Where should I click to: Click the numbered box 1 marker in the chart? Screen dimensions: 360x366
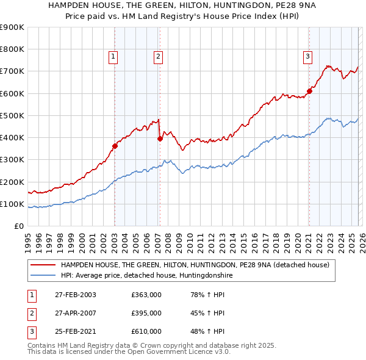tap(114, 57)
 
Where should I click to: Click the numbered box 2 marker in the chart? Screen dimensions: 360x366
tap(158, 57)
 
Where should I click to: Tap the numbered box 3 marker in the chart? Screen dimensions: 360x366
tap(308, 57)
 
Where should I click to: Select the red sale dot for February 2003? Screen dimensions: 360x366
tap(115, 145)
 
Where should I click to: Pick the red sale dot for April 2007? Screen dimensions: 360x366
tap(160, 139)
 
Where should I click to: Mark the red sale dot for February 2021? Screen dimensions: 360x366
tap(309, 91)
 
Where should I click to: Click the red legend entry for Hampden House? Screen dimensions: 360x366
tap(195, 265)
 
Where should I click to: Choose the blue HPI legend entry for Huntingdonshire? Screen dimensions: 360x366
tap(146, 276)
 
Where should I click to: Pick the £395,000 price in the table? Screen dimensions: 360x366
tap(146, 313)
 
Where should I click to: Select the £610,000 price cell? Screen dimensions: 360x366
tap(146, 331)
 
